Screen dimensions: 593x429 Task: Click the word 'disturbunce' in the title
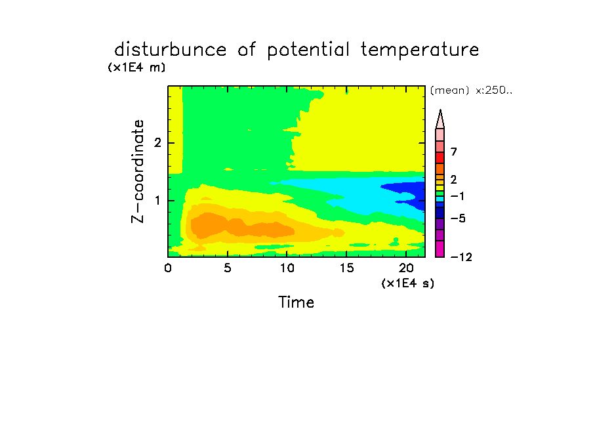[170, 50]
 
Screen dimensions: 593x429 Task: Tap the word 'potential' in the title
[308, 51]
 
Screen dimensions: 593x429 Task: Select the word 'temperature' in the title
[420, 51]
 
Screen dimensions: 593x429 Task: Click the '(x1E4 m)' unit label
[136, 68]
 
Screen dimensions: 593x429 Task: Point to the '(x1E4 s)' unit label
[408, 283]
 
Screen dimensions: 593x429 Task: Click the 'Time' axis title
[296, 302]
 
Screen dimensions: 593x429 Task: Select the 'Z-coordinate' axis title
[138, 171]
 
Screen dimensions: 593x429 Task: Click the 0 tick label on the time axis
[168, 268]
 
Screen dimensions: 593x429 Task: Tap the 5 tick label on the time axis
[227, 268]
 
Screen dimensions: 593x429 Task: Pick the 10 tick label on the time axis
[287, 268]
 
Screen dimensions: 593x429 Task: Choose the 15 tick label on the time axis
[346, 268]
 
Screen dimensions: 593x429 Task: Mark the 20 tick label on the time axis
[406, 268]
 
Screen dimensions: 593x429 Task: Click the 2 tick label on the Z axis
[157, 143]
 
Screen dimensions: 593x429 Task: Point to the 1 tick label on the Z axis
[157, 201]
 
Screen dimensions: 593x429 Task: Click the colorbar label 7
[454, 152]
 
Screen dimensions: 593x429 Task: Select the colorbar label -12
[461, 257]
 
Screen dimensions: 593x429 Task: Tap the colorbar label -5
[458, 218]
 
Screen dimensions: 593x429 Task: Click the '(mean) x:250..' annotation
[471, 91]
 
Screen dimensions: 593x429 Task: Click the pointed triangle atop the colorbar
[440, 119]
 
